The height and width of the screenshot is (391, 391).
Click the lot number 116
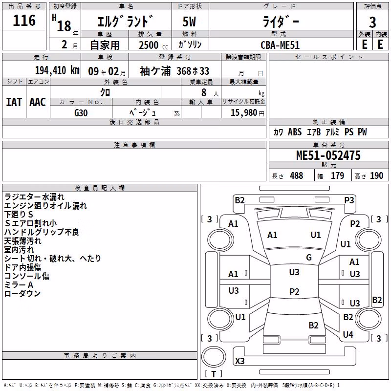tap(24, 21)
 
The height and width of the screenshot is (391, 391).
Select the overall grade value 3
tap(372, 22)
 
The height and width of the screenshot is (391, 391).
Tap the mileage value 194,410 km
tap(57, 70)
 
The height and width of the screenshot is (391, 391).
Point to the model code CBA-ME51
tap(280, 45)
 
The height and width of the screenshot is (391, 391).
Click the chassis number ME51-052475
tap(328, 155)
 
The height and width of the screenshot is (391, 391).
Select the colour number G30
tap(81, 113)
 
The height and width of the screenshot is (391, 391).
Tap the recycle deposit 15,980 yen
tap(247, 113)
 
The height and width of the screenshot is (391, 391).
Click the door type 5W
tap(189, 22)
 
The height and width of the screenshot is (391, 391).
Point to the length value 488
tap(297, 175)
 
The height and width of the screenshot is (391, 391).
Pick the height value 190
tap(376, 175)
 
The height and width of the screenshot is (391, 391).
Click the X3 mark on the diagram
tap(239, 361)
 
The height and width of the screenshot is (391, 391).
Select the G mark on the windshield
tap(309, 258)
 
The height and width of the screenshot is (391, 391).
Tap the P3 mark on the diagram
tap(349, 200)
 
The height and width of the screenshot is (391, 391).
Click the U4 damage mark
tap(348, 335)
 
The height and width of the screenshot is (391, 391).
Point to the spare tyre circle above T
tap(214, 357)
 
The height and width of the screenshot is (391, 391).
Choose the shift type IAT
tap(14, 102)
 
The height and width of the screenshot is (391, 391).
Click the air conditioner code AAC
tap(38, 102)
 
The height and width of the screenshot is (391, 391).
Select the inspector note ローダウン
tap(22, 294)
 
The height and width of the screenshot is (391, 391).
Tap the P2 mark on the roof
tap(294, 291)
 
